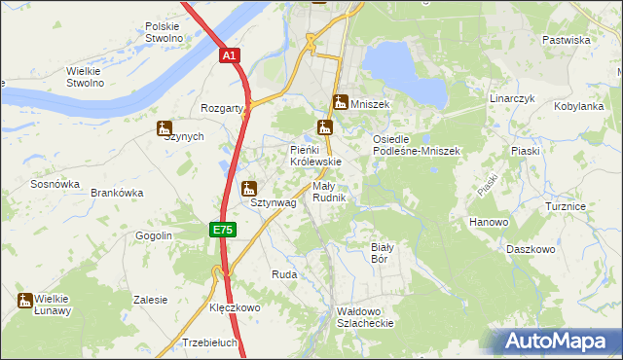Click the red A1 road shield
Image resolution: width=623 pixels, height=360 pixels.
coord(228,57)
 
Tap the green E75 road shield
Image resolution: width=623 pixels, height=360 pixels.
coord(222,230)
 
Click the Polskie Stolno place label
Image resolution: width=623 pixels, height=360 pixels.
coord(164,32)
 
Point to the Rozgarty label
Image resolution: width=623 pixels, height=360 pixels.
coord(221,109)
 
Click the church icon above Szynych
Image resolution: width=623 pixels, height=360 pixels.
coord(164,127)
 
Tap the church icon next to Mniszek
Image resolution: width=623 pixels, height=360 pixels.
coord(341,102)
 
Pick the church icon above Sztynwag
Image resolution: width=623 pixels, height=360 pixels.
coord(249,188)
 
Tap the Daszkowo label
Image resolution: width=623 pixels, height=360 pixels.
coord(531,249)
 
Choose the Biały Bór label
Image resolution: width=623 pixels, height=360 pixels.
coord(381,253)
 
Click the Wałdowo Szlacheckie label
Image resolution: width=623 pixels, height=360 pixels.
coord(364,316)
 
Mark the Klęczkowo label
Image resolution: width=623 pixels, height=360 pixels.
coord(236,307)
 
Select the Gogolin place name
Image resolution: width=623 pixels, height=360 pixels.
coord(154,235)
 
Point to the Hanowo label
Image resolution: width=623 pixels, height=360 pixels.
coord(490,222)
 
